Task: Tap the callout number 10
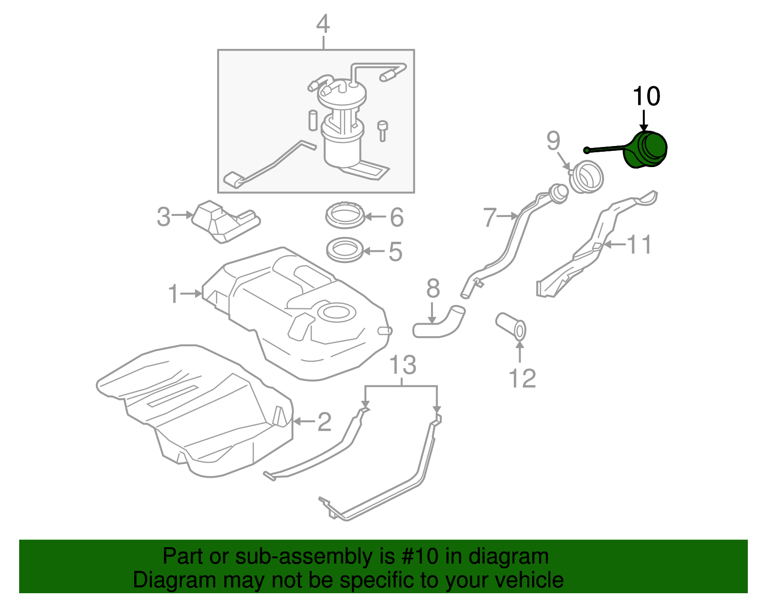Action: click(646, 96)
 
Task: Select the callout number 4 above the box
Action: click(323, 24)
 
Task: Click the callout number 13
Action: click(402, 366)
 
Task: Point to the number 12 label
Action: click(522, 379)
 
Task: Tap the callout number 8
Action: click(433, 289)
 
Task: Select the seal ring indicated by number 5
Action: click(344, 250)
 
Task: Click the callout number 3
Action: click(163, 217)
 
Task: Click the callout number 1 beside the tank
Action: click(174, 293)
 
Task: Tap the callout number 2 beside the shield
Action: click(325, 422)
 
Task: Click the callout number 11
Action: click(639, 245)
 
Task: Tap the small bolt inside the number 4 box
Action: click(383, 130)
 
